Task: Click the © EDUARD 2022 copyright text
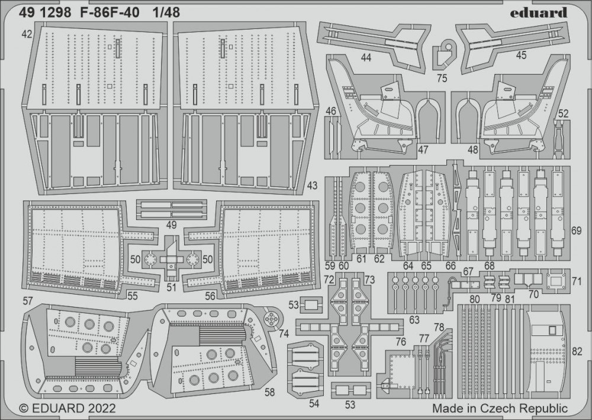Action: click(67, 408)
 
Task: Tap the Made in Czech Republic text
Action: click(500, 408)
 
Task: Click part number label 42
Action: click(27, 34)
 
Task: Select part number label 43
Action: click(313, 186)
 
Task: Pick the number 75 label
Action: click(442, 77)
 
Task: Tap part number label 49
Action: click(171, 225)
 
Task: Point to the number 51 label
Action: click(172, 288)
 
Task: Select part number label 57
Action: click(28, 301)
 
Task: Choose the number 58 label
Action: click(270, 392)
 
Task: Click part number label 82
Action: click(578, 351)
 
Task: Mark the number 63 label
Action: click(414, 320)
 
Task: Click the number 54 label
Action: click(314, 403)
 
